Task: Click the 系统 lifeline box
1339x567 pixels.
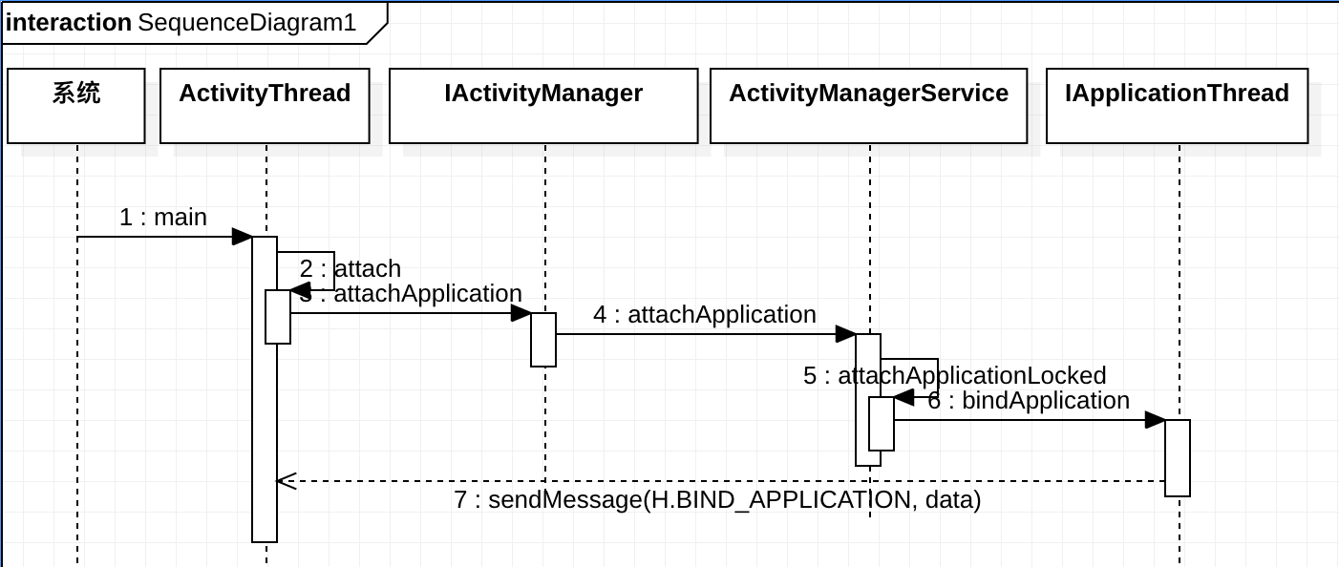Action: tap(75, 106)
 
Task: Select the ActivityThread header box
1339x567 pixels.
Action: tap(265, 106)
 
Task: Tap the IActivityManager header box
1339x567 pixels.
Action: tap(543, 106)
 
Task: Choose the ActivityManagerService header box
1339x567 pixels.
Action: tap(868, 106)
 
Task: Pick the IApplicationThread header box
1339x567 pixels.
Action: tap(1177, 106)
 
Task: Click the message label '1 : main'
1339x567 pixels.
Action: tap(163, 217)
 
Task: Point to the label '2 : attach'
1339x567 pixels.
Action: tap(351, 269)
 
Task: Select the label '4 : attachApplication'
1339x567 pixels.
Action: tap(705, 314)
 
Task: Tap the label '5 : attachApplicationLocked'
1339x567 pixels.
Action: tap(955, 376)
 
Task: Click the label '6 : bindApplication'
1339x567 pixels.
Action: tap(1029, 400)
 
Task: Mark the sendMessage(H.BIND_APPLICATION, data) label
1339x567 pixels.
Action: tap(717, 499)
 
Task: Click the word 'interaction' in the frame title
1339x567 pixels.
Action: tap(68, 23)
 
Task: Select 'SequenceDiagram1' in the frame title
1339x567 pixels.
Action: tap(246, 23)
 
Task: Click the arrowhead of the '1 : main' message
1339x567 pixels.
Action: tap(242, 237)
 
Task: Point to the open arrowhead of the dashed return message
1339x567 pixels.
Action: tap(287, 481)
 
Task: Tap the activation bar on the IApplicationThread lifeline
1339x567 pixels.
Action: tap(1178, 457)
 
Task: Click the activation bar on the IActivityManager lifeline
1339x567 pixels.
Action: tap(543, 340)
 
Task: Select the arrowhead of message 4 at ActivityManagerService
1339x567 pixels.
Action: tap(846, 334)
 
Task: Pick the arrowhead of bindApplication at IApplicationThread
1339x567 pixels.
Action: tap(1156, 420)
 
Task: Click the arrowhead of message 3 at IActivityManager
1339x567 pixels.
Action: tap(521, 313)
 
